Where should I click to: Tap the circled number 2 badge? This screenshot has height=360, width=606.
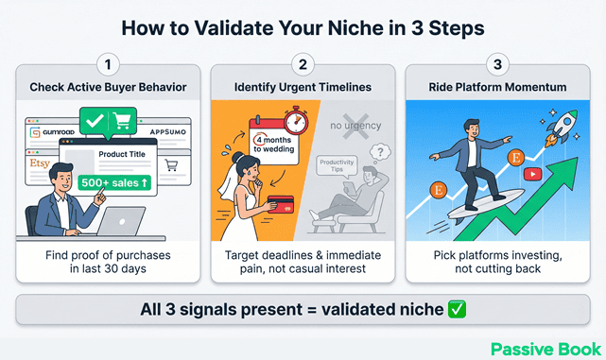[x=302, y=66]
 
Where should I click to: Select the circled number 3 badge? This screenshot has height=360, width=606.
[x=497, y=66]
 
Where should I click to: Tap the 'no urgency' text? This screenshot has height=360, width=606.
[x=354, y=124]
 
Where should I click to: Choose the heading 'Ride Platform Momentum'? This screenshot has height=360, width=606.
[x=497, y=87]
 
